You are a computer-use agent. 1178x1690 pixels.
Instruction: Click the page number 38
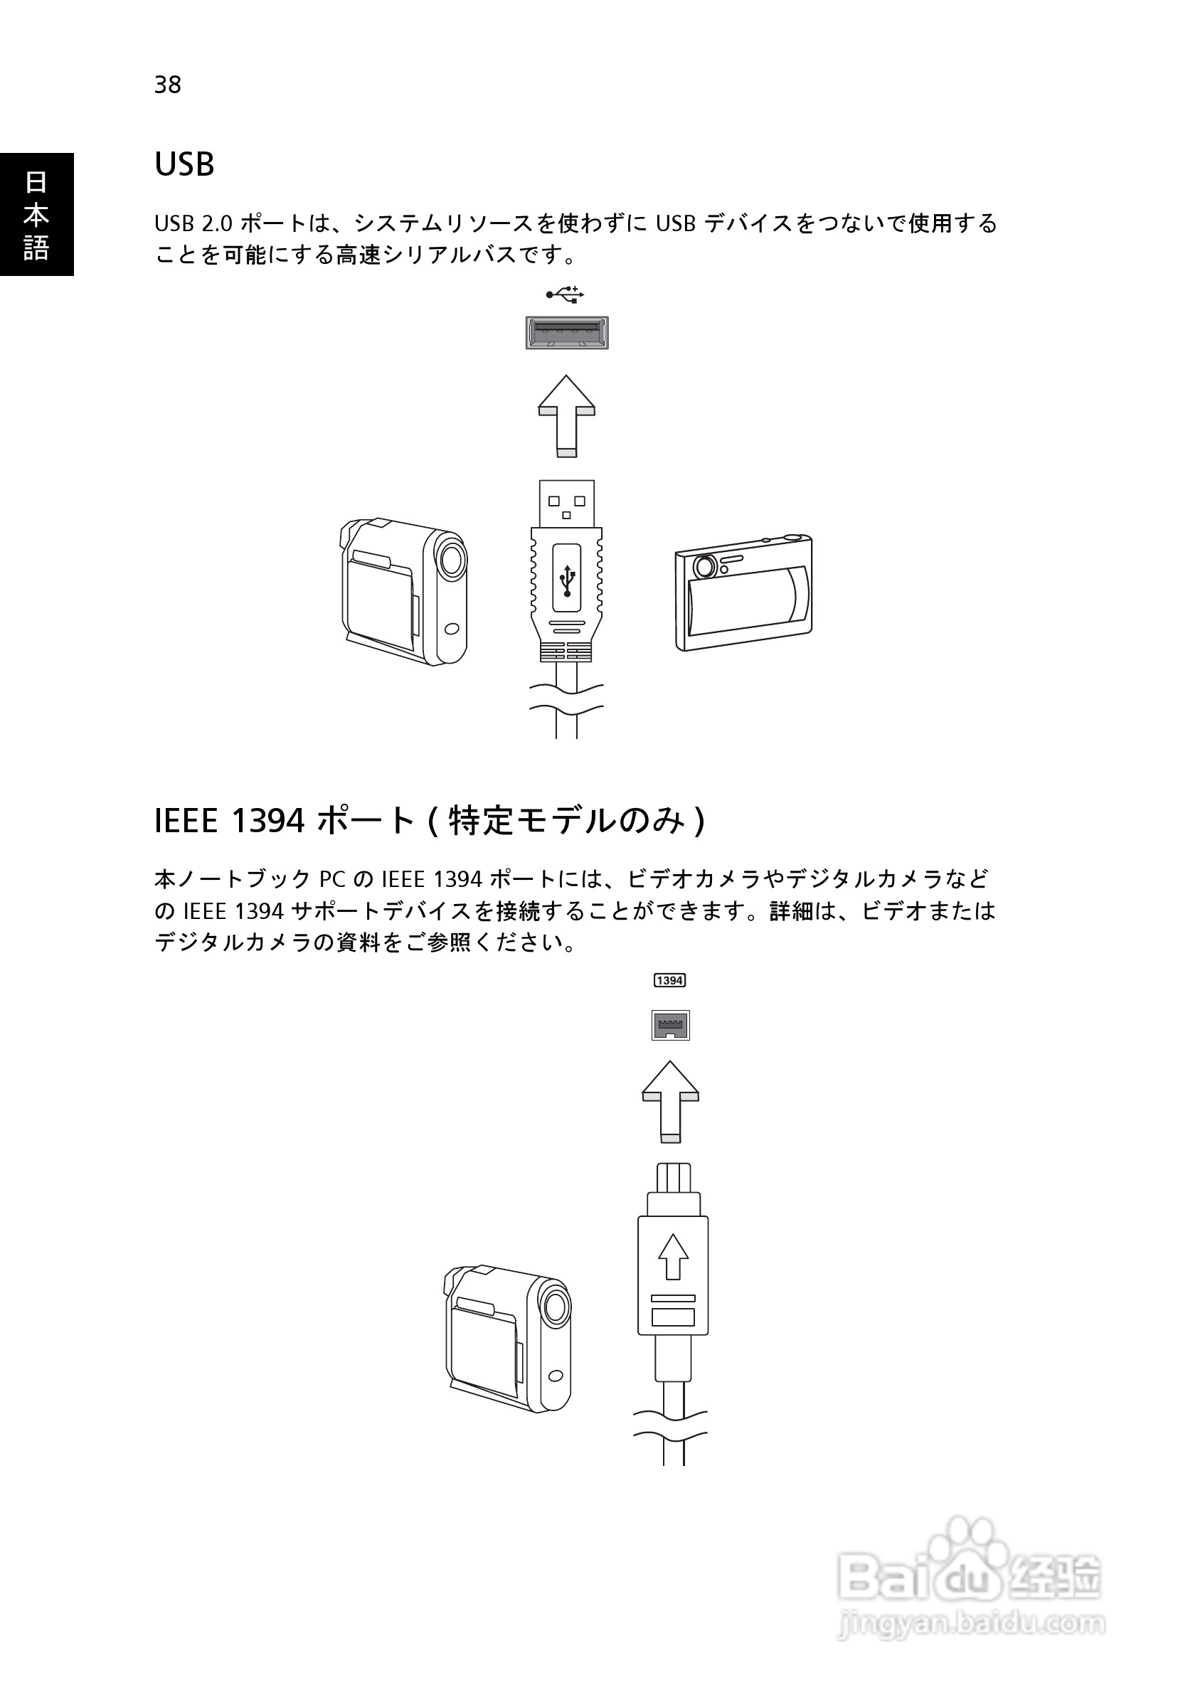167,85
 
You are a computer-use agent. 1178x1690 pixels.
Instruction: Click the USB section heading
184,164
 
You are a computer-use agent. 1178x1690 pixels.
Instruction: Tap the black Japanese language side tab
36,214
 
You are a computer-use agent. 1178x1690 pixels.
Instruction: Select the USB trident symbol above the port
565,295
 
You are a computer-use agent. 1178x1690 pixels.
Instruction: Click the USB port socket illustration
566,333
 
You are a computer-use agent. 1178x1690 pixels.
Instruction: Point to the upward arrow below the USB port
566,416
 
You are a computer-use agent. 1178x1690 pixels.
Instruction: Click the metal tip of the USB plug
566,504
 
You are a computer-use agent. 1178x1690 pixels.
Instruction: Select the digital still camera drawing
743,593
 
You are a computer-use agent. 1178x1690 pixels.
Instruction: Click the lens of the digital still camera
704,567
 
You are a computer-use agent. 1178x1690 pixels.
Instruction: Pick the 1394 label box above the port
669,980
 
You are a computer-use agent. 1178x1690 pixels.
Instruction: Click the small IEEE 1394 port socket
670,1025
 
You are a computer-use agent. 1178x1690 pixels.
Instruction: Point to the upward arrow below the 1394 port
670,1101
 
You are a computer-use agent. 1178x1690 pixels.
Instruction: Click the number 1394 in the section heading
268,821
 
